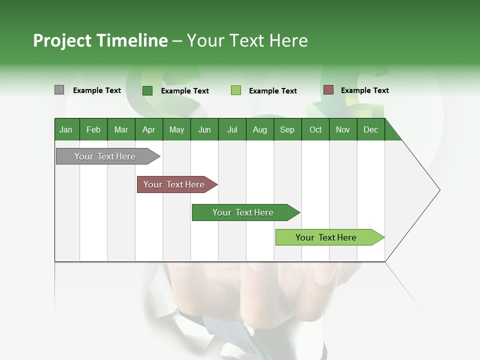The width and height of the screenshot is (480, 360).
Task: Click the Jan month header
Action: pyautogui.click(x=66, y=129)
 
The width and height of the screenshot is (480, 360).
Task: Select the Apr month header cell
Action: pyautogui.click(x=149, y=129)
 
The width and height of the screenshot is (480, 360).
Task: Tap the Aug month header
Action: pyautogui.click(x=260, y=129)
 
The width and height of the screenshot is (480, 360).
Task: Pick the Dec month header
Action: pyautogui.click(x=370, y=129)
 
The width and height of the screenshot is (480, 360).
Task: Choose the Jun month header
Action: pyautogui.click(x=204, y=129)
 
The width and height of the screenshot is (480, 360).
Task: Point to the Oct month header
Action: pyautogui.click(x=315, y=129)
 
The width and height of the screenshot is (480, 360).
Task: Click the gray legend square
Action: pyautogui.click(x=59, y=90)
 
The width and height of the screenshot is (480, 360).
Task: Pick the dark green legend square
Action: pyautogui.click(x=147, y=90)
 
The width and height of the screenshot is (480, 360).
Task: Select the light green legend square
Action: pyautogui.click(x=236, y=90)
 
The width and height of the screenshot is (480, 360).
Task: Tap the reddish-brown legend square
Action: pyautogui.click(x=328, y=90)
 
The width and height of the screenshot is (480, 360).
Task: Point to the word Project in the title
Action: pyautogui.click(x=62, y=40)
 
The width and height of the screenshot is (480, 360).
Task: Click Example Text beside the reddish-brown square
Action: pyautogui.click(x=364, y=90)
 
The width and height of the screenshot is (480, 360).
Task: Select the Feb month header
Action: pyautogui.click(x=93, y=129)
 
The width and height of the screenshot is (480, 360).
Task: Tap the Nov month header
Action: pyautogui.click(x=343, y=129)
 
